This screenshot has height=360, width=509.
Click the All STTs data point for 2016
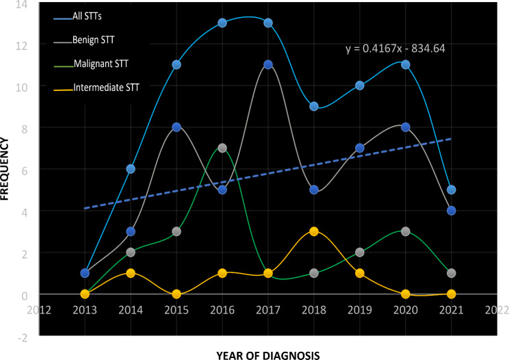[222, 23]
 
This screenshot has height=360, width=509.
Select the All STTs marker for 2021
[452, 190]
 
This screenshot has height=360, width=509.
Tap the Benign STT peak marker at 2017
[267, 64]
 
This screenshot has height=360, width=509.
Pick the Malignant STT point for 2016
[222, 148]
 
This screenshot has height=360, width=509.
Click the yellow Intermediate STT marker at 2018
[313, 231]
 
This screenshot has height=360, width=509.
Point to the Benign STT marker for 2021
[452, 211]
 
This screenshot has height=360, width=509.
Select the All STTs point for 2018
[313, 106]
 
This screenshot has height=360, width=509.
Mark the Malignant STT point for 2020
[406, 231]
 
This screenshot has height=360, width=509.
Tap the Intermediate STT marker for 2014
[131, 273]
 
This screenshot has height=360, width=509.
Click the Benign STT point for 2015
[177, 127]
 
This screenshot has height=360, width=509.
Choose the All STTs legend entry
[78, 16]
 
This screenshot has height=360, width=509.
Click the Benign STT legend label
[94, 40]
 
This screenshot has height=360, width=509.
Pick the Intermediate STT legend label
[106, 88]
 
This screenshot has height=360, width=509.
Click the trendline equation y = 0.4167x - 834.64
[395, 49]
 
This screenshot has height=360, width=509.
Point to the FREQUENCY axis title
[4, 169]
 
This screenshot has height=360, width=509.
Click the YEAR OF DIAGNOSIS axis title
[268, 355]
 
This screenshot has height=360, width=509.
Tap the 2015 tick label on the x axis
[177, 310]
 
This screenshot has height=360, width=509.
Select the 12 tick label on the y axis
[22, 46]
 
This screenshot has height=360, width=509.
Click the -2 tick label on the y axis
[23, 338]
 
